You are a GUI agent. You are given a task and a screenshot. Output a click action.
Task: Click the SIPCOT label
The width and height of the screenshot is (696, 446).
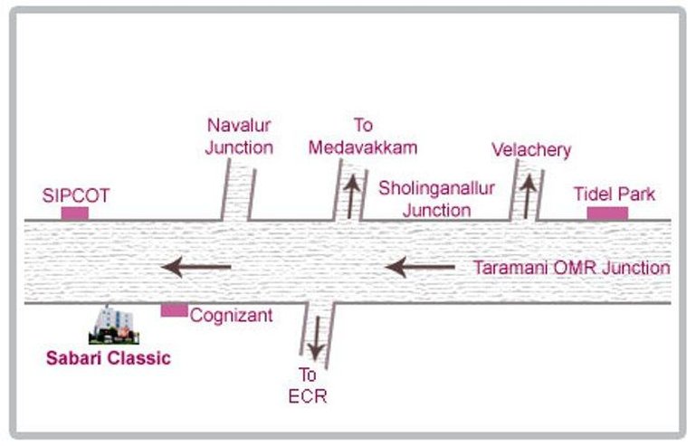(76, 195)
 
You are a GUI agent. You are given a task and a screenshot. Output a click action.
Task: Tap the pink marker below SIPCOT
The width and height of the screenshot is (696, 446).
(74, 214)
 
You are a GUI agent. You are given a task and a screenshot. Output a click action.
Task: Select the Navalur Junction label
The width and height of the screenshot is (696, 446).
(239, 137)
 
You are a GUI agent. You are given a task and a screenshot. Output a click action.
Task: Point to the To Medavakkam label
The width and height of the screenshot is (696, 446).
(363, 137)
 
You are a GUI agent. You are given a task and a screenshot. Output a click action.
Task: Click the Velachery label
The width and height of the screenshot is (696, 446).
(531, 150)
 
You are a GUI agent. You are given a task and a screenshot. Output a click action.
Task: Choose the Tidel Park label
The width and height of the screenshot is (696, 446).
(615, 194)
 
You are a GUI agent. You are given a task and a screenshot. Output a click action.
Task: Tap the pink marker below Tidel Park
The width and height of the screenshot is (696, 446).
(607, 214)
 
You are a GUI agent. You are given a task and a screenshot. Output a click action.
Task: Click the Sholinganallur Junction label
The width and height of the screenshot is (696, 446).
(437, 199)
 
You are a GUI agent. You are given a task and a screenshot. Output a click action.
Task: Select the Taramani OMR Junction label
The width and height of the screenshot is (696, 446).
(572, 268)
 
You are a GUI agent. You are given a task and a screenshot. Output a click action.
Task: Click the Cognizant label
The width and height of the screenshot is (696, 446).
(232, 316)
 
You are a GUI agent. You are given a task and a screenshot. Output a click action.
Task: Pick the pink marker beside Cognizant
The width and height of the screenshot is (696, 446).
(174, 309)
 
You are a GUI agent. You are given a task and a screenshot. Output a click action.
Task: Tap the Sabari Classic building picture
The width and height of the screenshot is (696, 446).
(114, 325)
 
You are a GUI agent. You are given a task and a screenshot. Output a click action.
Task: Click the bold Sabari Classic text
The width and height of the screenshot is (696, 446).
(109, 358)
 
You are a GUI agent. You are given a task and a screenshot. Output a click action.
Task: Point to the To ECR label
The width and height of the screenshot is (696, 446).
(308, 385)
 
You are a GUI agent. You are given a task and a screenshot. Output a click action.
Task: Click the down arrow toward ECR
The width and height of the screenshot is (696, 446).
(316, 338)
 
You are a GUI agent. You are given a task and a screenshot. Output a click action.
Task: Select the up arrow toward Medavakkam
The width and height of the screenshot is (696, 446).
(352, 195)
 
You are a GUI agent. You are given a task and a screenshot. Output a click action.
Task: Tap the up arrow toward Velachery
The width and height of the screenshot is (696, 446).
(528, 195)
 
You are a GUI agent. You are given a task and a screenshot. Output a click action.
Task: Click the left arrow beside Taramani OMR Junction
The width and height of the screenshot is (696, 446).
(420, 268)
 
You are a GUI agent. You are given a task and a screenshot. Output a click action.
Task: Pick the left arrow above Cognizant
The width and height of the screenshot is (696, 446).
(196, 268)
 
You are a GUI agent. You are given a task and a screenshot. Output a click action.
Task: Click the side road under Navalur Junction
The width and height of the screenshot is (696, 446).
(238, 191)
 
